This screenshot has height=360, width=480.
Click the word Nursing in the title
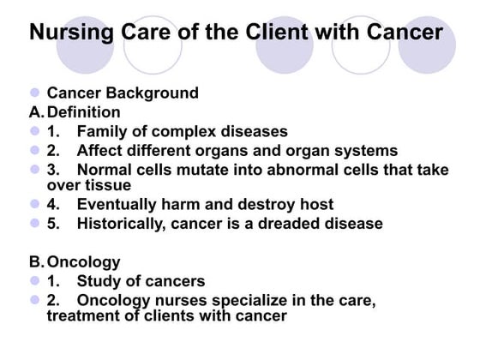tap(69, 33)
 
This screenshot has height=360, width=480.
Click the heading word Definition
tap(84, 112)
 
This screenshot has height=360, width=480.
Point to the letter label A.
tap(36, 112)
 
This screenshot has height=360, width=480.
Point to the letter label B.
tap(36, 261)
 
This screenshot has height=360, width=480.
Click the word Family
tap(102, 132)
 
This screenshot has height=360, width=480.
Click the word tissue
tap(108, 184)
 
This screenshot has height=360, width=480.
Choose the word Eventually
tap(118, 205)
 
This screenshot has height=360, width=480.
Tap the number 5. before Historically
tap(53, 224)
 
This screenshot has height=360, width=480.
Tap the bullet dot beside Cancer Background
tap(35, 93)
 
